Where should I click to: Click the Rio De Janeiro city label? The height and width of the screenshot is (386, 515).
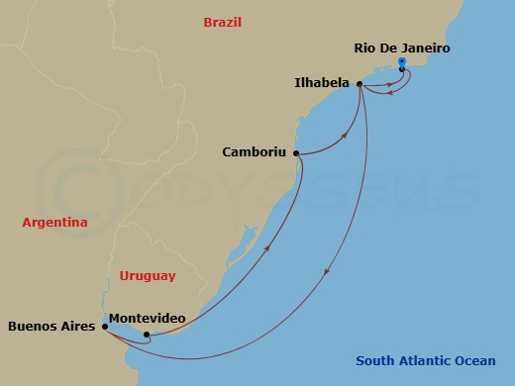coord(401,47)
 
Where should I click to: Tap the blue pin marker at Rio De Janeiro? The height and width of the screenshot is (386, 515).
coord(401,64)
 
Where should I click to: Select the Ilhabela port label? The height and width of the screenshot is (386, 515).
coord(322,83)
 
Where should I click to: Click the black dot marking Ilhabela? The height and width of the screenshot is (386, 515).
coord(359,84)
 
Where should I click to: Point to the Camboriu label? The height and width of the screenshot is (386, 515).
coord(254,153)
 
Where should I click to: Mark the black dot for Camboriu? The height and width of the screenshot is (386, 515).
coord(296,153)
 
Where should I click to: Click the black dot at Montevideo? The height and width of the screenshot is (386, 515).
coord(147,335)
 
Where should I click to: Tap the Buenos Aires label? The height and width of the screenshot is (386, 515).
coord(51,325)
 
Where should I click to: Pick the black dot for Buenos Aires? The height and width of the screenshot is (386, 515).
coord(105,325)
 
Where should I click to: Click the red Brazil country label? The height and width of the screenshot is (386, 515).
coord(222,22)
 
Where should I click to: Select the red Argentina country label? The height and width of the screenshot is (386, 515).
coord(54,223)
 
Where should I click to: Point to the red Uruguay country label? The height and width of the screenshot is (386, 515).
coord(147,276)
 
